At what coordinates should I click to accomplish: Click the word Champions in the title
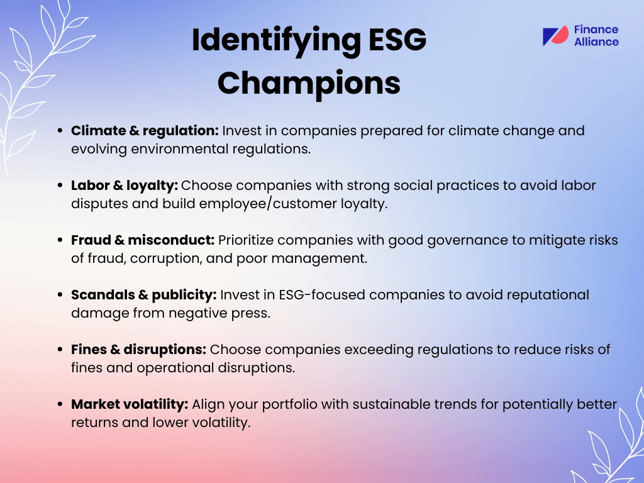click(x=309, y=82)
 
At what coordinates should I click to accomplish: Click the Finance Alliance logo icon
click(x=555, y=36)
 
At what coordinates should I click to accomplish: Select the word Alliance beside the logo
click(x=596, y=42)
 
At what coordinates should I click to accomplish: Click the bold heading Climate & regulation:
click(x=145, y=131)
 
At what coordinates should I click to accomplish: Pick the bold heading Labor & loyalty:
click(x=125, y=186)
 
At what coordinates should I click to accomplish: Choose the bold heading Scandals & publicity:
click(x=145, y=295)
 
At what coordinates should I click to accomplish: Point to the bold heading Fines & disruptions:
click(x=138, y=350)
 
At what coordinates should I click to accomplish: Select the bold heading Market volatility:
click(x=130, y=404)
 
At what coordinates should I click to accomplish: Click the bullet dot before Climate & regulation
click(x=60, y=131)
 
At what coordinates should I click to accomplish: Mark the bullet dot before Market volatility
click(x=60, y=405)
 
